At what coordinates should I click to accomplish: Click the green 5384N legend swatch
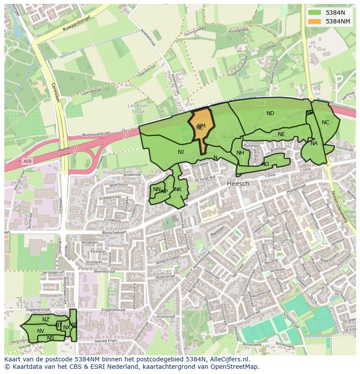[315, 13]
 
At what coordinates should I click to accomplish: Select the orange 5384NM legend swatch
[315, 21]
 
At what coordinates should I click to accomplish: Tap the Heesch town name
[238, 184]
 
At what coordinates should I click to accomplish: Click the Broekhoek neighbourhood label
[105, 206]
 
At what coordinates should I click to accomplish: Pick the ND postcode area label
[270, 113]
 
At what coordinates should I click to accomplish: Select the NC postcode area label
[325, 122]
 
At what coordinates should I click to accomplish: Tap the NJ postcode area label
[181, 152]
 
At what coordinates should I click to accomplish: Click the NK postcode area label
[178, 189]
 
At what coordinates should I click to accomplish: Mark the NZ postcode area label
[46, 320]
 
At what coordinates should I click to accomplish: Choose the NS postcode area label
[51, 338]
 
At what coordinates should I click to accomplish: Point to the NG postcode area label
[265, 164]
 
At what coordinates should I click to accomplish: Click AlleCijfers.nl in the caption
[228, 360]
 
